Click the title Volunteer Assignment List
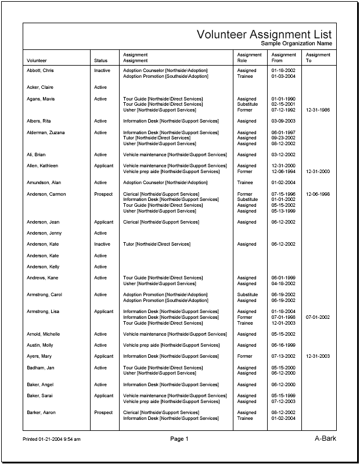(x=264, y=34)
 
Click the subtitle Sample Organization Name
(x=296, y=44)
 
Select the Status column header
(x=100, y=60)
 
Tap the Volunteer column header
(x=37, y=60)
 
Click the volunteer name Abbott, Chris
(x=40, y=70)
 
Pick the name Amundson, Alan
(x=44, y=183)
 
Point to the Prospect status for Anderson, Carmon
(x=103, y=194)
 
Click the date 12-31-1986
(x=317, y=110)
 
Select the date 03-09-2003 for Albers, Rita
(x=283, y=121)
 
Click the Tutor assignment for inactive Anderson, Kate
(x=157, y=244)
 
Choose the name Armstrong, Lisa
(x=42, y=312)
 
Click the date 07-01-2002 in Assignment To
(x=317, y=318)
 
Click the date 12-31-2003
(x=317, y=357)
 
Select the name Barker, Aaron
(x=41, y=413)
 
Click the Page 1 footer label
(x=179, y=439)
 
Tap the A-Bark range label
(x=325, y=438)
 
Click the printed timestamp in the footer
(x=52, y=439)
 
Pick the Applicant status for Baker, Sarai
(x=104, y=396)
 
